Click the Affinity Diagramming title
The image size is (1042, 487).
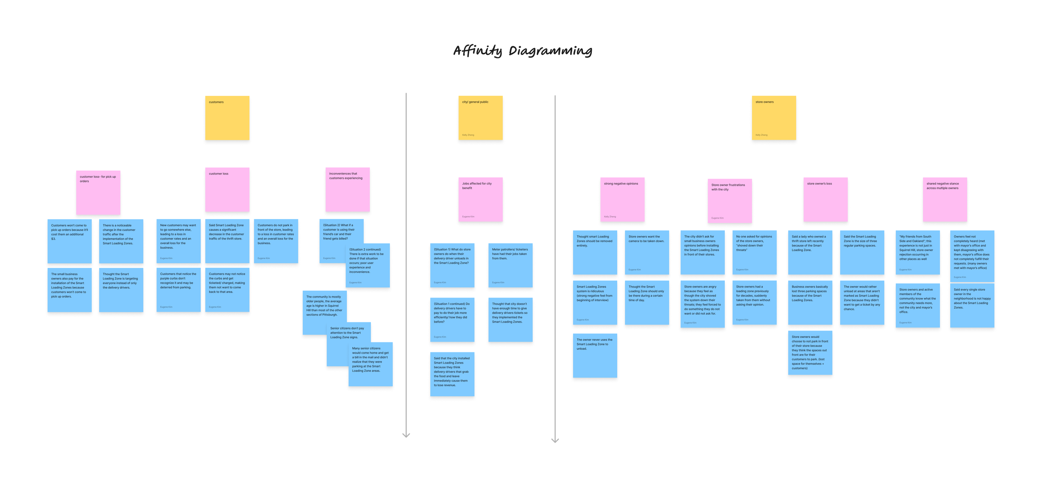pyautogui.click(x=523, y=51)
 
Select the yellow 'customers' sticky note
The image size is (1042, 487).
pyautogui.click(x=227, y=118)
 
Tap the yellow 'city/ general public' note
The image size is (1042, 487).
pyautogui.click(x=480, y=118)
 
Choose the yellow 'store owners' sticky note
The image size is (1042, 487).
pyautogui.click(x=774, y=118)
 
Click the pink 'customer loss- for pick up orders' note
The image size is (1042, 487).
pyautogui.click(x=98, y=192)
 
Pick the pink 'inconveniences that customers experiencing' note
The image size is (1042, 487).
pyautogui.click(x=347, y=190)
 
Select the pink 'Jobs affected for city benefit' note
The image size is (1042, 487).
pyautogui.click(x=480, y=200)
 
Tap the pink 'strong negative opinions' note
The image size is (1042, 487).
pyautogui.click(x=622, y=200)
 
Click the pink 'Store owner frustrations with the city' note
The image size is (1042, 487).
pyautogui.click(x=729, y=201)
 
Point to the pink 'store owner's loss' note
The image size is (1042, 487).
pyautogui.click(x=825, y=200)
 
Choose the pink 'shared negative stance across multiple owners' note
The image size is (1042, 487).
pyautogui.click(x=944, y=200)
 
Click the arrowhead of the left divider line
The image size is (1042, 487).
pyautogui.click(x=406, y=435)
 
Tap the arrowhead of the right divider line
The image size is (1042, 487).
pyautogui.click(x=555, y=440)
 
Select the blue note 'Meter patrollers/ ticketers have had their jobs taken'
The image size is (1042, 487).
pyautogui.click(x=510, y=265)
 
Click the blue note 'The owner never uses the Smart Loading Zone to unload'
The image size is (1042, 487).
pyautogui.click(x=595, y=356)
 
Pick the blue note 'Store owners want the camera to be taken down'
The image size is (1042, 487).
pyautogui.click(x=646, y=252)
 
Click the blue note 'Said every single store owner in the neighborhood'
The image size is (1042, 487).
pyautogui.click(x=972, y=305)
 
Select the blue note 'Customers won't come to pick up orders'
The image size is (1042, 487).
pyautogui.click(x=69, y=241)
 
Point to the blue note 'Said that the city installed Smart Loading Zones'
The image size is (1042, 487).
pyautogui.click(x=452, y=374)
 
